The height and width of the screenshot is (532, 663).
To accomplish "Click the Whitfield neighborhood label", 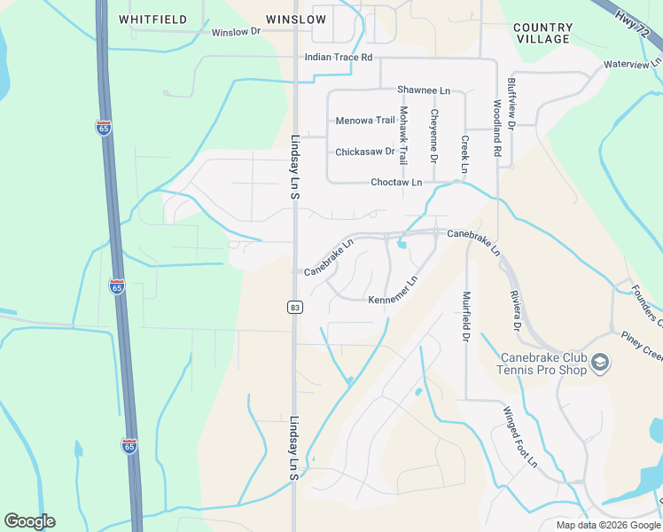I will pyautogui.click(x=152, y=19).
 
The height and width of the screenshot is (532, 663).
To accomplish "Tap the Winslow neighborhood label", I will pyautogui.click(x=296, y=19).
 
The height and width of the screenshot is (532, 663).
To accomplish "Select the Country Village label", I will pyautogui.click(x=542, y=34).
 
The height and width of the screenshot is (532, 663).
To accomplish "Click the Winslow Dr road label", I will pyautogui.click(x=236, y=32).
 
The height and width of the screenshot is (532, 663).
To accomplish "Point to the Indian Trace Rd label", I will pyautogui.click(x=338, y=58).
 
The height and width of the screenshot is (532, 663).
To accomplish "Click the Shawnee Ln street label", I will pyautogui.click(x=424, y=90).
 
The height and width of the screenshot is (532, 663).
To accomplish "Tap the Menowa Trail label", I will pyautogui.click(x=365, y=121).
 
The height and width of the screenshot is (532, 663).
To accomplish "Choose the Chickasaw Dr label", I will pyautogui.click(x=364, y=152).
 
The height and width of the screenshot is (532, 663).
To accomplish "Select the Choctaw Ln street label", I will pyautogui.click(x=396, y=183).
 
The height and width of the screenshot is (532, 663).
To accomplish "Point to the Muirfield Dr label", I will pyautogui.click(x=464, y=317).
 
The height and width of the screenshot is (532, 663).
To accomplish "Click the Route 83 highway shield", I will pyautogui.click(x=295, y=307).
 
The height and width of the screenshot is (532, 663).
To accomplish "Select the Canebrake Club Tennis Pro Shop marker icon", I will pyautogui.click(x=601, y=364).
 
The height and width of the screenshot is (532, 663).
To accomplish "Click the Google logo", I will pyautogui.click(x=29, y=521).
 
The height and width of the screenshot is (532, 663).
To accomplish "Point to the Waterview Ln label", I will pyautogui.click(x=632, y=64).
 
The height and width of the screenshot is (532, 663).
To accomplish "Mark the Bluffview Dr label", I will pyautogui.click(x=511, y=100).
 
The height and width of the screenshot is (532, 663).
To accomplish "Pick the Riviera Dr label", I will pyautogui.click(x=514, y=309).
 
